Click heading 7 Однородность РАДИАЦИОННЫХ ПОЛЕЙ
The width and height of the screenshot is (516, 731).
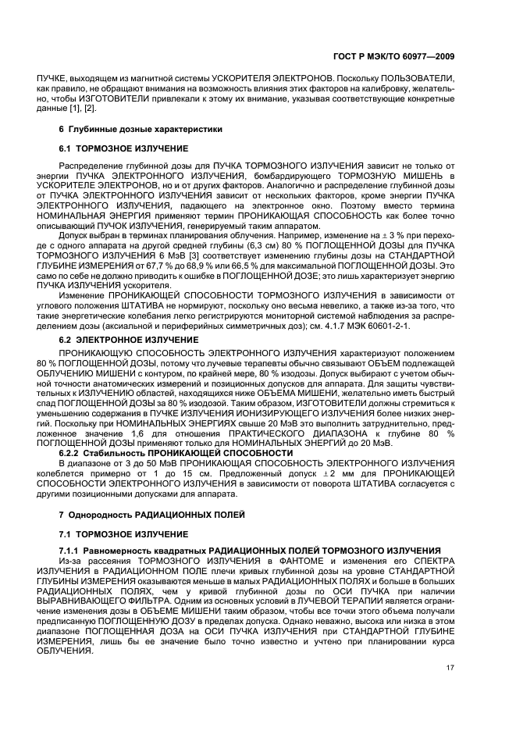pos(152,515)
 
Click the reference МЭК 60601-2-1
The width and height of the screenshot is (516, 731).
pos(379,325)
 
